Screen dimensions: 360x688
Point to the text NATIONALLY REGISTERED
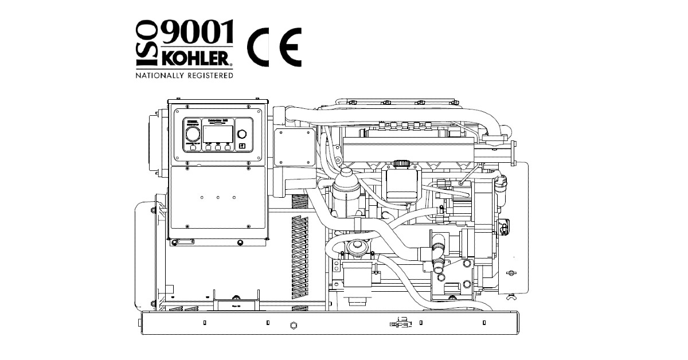coord(184,75)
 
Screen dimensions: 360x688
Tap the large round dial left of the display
coord(193,134)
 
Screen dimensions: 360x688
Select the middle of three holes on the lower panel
coord(218,197)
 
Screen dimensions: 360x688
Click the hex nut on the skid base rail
coord(294,326)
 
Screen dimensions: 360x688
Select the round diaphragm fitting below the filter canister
coord(355,248)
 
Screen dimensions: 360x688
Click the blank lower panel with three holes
coord(218,202)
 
